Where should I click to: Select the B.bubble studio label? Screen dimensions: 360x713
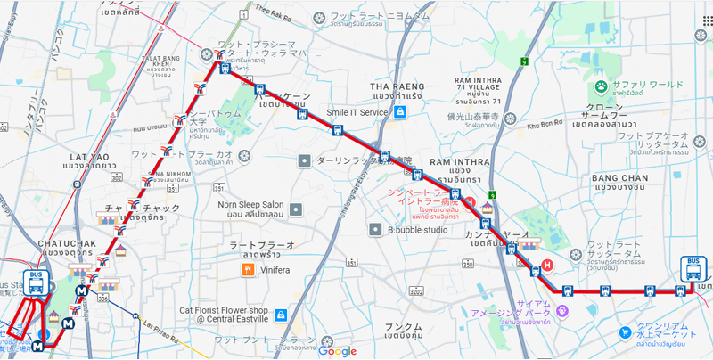[417, 230]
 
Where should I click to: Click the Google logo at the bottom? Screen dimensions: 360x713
[338, 351]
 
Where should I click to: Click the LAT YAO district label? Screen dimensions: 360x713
[89, 161]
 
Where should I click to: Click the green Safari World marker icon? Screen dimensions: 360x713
[601, 88]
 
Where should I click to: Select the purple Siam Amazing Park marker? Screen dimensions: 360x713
[562, 310]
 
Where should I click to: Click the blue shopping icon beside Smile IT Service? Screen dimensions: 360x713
[400, 113]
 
